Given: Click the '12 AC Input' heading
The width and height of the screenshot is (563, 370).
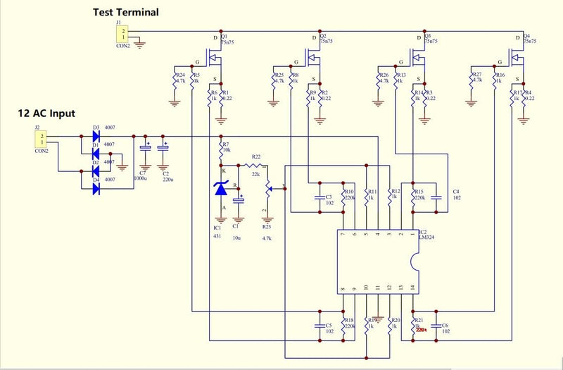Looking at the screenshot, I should (46, 113).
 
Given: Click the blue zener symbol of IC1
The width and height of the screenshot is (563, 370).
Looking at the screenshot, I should (221, 188).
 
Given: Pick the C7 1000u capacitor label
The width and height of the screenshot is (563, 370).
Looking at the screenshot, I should (144, 172).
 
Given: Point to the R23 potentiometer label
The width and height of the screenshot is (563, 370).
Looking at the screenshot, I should (266, 227).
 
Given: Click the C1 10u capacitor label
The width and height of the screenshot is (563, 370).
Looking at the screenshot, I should (236, 227).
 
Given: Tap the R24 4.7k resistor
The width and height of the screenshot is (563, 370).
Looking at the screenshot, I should (175, 79).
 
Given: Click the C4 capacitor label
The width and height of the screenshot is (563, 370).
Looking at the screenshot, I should (455, 191).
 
